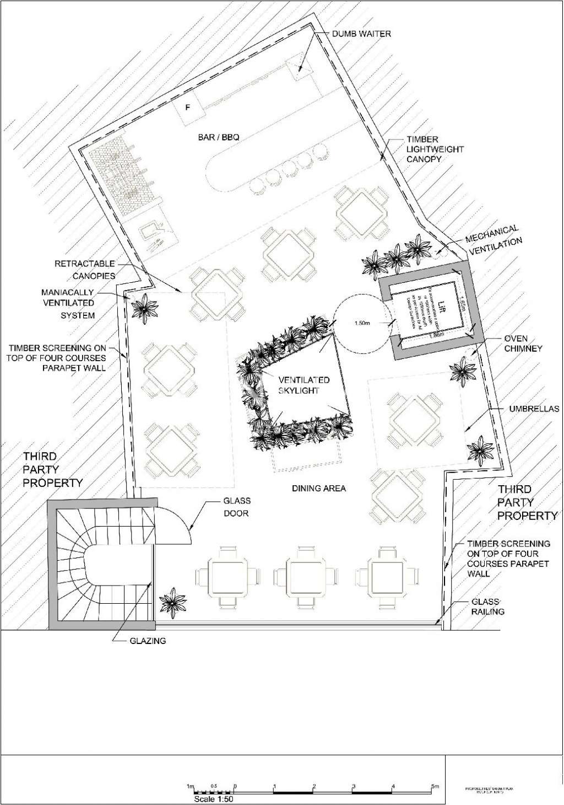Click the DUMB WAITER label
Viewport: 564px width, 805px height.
point(361,34)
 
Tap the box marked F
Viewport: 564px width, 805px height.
point(187,106)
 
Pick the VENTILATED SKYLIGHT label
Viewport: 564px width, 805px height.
point(303,385)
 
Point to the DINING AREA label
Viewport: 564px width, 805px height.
point(318,488)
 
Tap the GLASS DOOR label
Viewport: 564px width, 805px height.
point(236,507)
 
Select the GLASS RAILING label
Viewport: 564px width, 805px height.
point(487,607)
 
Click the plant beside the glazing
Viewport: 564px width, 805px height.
point(173,602)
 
